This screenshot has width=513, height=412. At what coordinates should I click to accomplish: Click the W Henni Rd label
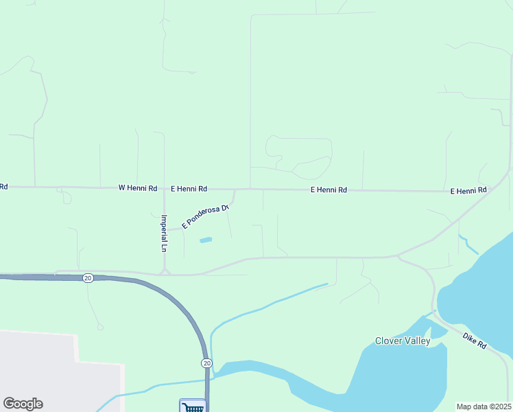coord(138,187)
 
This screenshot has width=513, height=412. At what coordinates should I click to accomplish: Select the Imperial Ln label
coord(164,233)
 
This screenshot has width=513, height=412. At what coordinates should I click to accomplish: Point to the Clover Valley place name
coord(403,341)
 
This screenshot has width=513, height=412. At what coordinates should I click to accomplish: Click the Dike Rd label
coord(474,341)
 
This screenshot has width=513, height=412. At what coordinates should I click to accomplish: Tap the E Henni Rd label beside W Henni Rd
coord(189,188)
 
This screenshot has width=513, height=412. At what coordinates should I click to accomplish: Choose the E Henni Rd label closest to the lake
coord(468,190)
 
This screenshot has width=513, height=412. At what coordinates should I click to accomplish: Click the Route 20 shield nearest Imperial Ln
coord(88,277)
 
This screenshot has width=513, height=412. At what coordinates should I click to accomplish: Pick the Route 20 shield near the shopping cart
coord(206,363)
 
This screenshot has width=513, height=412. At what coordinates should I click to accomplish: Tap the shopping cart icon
coord(193,407)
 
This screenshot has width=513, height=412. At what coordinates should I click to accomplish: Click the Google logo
coord(23,404)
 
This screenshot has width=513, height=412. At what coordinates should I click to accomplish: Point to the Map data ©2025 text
coord(483,407)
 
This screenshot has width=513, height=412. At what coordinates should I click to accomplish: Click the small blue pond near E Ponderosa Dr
coord(205,240)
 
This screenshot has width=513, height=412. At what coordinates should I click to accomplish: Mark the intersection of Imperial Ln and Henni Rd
coord(164,187)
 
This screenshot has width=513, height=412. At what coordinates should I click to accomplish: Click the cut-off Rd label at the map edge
coord(3,186)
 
